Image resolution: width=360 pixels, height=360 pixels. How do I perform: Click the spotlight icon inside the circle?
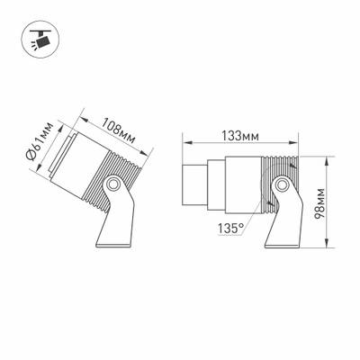38,41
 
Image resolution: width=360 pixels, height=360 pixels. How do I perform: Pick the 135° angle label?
229,229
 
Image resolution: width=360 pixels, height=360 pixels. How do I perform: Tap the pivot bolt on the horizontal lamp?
283,185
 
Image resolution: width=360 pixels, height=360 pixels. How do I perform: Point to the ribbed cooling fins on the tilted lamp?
118,166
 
